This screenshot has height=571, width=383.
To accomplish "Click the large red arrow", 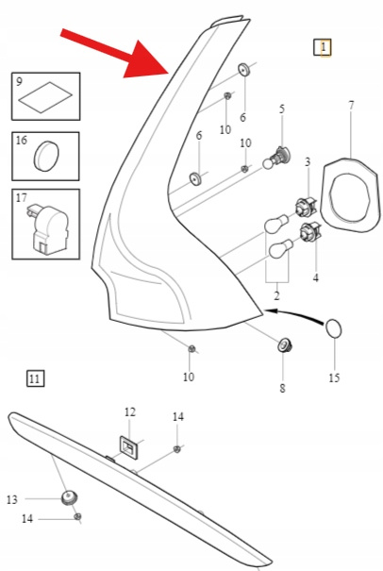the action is pyautogui.click(x=115, y=53).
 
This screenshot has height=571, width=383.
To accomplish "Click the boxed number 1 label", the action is pyautogui.click(x=323, y=47).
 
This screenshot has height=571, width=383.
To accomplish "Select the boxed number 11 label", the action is pyautogui.click(x=35, y=378).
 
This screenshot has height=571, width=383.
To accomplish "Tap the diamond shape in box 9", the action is pyautogui.click(x=45, y=97).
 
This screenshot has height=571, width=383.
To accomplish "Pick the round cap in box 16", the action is pyautogui.click(x=46, y=156).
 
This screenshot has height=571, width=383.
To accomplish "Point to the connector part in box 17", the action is pyautogui.click(x=47, y=228).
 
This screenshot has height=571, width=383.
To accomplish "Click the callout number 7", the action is pyautogui.click(x=351, y=106).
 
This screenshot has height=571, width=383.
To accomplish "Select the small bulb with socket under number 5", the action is pyautogui.click(x=276, y=159).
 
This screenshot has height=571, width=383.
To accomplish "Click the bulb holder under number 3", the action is pyautogui.click(x=306, y=208).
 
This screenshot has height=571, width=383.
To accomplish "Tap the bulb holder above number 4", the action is pyautogui.click(x=310, y=231).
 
